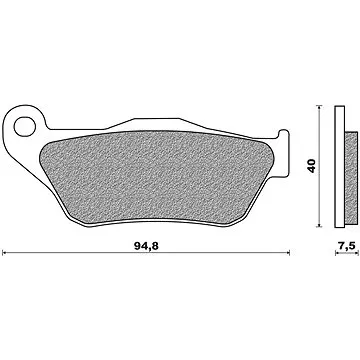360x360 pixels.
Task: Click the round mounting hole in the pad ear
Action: pyautogui.click(x=25, y=126)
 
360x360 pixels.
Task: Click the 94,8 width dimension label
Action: pyautogui.click(x=146, y=246)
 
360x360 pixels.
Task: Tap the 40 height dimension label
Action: pyautogui.click(x=311, y=166)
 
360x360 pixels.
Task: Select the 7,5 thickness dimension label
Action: pyautogui.click(x=347, y=246)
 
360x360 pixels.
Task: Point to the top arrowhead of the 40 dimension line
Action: pyautogui.click(x=319, y=107)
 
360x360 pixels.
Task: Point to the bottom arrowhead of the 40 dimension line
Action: pyautogui.click(x=319, y=225)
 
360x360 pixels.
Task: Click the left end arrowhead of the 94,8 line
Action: pyautogui.click(x=4, y=253)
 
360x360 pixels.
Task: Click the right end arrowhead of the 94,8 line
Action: pyautogui.click(x=287, y=253)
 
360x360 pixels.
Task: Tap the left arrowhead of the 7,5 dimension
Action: pyautogui.click(x=337, y=253)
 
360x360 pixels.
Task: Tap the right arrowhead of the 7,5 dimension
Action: pyautogui.click(x=356, y=253)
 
